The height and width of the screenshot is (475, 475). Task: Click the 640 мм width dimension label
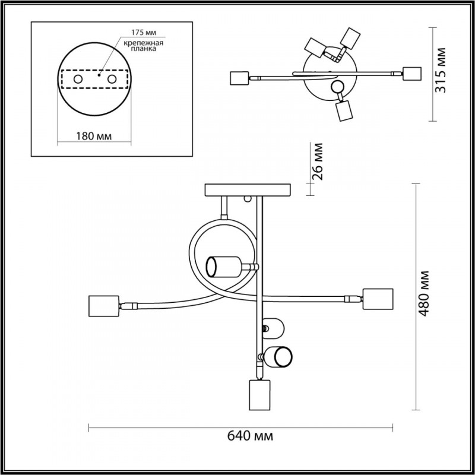[250, 436]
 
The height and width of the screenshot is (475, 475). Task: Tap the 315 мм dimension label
[440, 70]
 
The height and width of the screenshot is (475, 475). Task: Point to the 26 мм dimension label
[317, 161]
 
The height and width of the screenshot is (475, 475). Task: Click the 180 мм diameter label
[94, 137]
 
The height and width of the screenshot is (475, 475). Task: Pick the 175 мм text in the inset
[144, 33]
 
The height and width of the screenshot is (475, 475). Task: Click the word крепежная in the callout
[144, 43]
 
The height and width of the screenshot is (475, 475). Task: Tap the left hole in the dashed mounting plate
[78, 80]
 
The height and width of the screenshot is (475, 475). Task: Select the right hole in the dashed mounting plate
[112, 80]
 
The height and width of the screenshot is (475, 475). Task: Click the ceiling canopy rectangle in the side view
[248, 190]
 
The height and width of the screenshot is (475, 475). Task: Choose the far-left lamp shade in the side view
[104, 306]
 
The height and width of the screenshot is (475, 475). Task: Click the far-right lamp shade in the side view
[378, 299]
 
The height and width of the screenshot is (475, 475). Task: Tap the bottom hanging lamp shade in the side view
[259, 395]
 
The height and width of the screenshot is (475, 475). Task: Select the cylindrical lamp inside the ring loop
[224, 267]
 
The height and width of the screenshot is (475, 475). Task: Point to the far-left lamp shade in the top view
[239, 78]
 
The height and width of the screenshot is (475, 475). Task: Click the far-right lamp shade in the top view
[411, 74]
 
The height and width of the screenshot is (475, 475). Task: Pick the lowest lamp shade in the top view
[344, 111]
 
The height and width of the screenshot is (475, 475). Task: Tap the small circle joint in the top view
[337, 87]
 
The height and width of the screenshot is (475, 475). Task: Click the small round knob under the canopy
[248, 199]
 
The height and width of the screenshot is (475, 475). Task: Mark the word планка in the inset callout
[144, 49]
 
